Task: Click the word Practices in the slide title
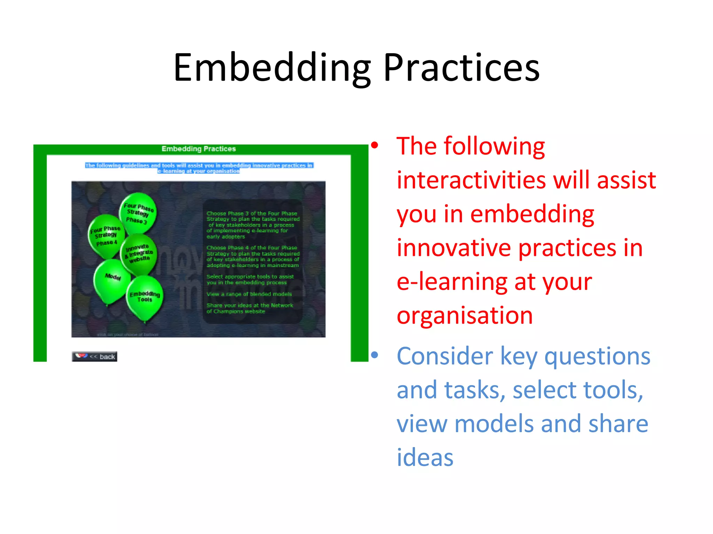tap(461, 68)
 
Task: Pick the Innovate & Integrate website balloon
tap(139, 254)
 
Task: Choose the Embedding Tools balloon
tap(144, 297)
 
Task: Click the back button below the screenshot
tap(95, 356)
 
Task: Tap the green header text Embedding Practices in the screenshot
tap(198, 149)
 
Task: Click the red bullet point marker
tap(375, 146)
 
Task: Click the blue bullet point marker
tap(375, 355)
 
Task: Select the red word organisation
tap(465, 316)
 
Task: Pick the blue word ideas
tap(425, 458)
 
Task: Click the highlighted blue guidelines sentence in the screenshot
tap(199, 168)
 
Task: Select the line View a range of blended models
tap(249, 294)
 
